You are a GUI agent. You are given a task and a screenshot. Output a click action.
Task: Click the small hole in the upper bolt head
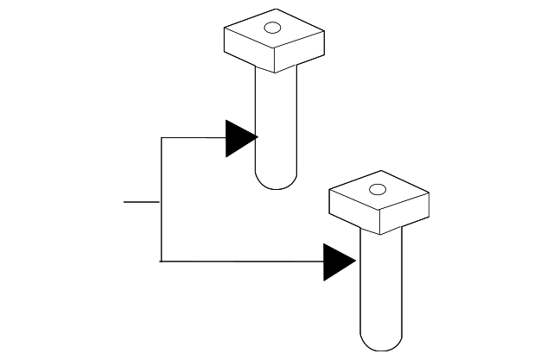click(x=272, y=28)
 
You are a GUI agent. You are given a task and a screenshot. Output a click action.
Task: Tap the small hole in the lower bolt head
click(x=377, y=189)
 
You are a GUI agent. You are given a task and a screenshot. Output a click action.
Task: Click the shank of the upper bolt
click(x=276, y=121)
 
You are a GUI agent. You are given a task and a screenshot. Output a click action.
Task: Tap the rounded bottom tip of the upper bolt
click(x=276, y=183)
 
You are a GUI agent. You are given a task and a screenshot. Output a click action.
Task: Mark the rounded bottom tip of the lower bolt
click(x=381, y=344)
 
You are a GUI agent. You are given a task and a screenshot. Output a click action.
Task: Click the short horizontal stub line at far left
click(x=141, y=202)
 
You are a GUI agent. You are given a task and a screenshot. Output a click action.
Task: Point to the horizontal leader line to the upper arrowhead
click(x=193, y=137)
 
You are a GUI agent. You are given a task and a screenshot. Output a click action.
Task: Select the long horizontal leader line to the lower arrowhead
click(x=242, y=261)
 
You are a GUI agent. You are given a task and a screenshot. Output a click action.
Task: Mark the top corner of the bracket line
click(x=161, y=137)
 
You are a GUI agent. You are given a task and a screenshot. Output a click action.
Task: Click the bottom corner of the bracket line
click(x=161, y=261)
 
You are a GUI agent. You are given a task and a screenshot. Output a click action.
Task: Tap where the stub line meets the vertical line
click(x=161, y=202)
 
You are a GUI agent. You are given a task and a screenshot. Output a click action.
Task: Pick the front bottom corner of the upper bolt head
click(x=275, y=73)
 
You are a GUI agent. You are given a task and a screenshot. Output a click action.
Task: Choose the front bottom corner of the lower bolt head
click(x=381, y=234)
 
